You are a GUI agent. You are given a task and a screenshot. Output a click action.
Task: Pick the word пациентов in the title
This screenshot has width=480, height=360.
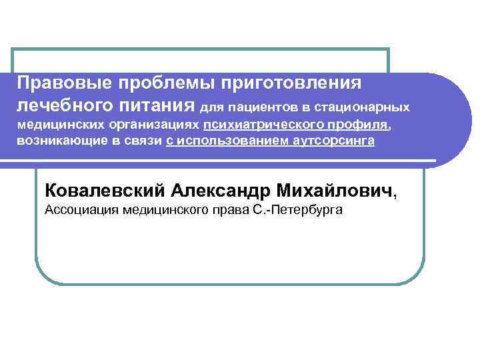(x=266, y=107)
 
